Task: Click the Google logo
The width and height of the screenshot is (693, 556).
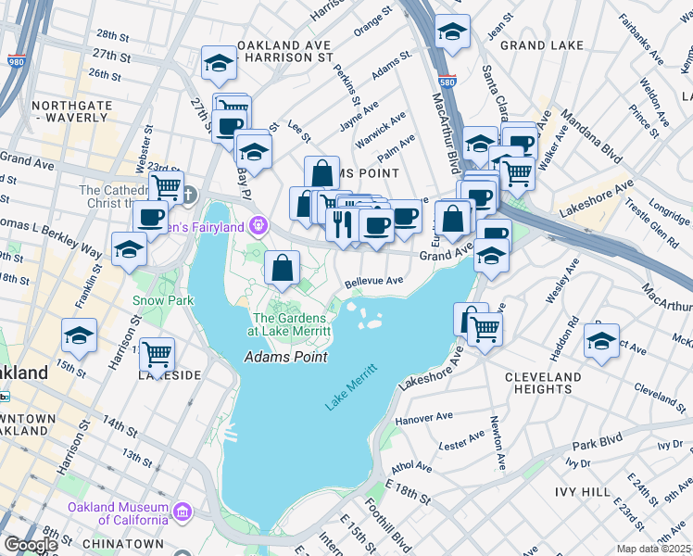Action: pyautogui.click(x=31, y=545)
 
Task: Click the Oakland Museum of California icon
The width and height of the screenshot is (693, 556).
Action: pyautogui.click(x=183, y=512)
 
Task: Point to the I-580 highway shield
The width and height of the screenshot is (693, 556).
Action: pyautogui.click(x=447, y=82)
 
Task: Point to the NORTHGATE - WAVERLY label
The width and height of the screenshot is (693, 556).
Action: pyautogui.click(x=72, y=112)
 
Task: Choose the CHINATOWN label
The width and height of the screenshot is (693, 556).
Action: pyautogui.click(x=122, y=543)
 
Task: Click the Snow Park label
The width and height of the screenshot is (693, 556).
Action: pyautogui.click(x=162, y=300)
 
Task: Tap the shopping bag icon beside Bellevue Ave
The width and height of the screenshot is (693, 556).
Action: pyautogui.click(x=282, y=268)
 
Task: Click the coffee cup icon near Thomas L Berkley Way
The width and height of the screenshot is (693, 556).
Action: pyautogui.click(x=149, y=217)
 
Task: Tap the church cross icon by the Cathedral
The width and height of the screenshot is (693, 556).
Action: pyautogui.click(x=188, y=195)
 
